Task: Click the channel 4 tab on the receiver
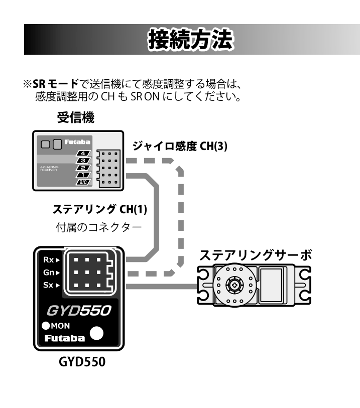[83, 153]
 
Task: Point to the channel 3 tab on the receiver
[83, 160]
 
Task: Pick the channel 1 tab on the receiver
[83, 174]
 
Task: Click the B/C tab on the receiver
[83, 182]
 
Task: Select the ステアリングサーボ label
[256, 255]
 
